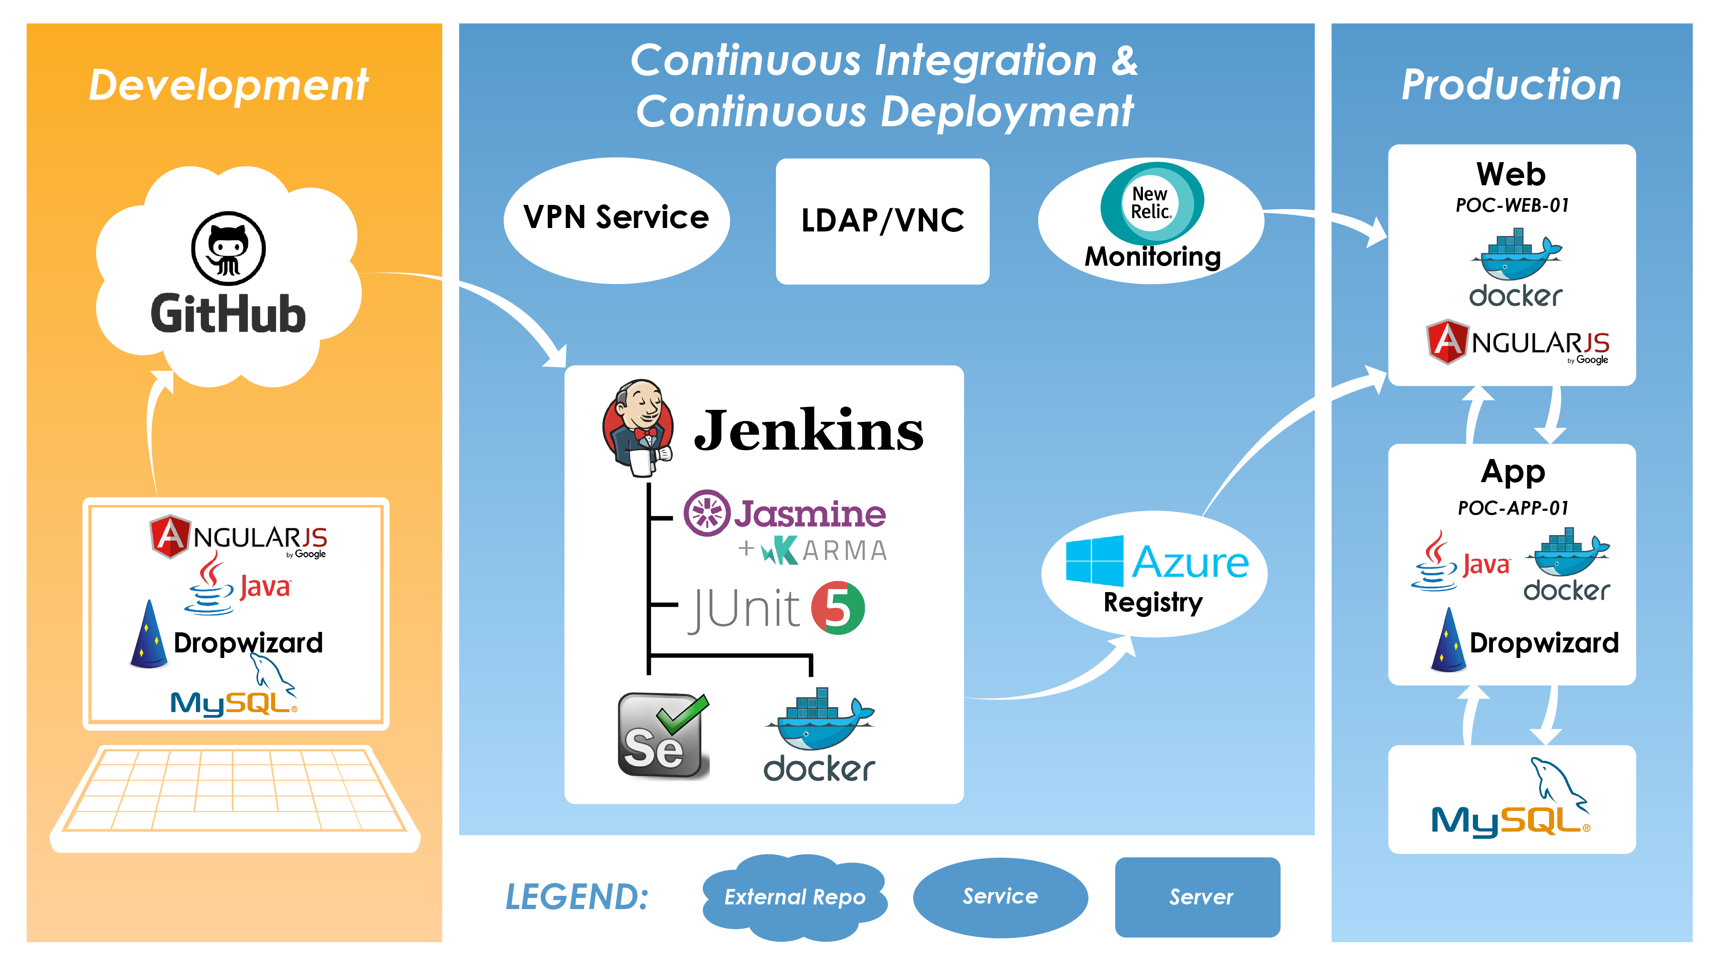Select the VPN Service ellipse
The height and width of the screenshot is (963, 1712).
coord(616,219)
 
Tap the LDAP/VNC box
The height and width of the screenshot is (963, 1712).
coord(882,221)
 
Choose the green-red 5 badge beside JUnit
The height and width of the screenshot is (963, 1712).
coord(837,607)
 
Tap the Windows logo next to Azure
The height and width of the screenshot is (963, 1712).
coord(1094,561)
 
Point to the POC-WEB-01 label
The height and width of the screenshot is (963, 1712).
coord(1512,205)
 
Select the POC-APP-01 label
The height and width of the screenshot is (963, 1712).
coord(1513,508)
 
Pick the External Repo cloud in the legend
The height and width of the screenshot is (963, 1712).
coord(795,897)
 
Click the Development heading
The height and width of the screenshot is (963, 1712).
coord(228,85)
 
